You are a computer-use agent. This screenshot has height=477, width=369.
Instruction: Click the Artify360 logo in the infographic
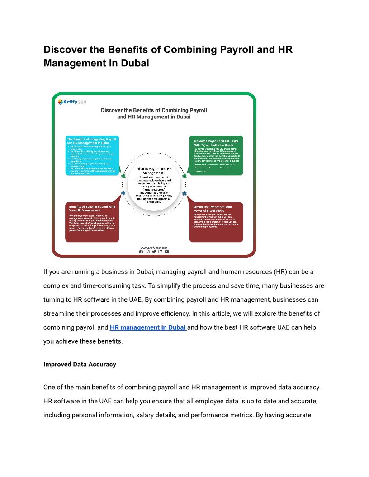[72, 102]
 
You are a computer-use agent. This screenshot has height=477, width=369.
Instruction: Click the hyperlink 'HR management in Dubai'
[147, 327]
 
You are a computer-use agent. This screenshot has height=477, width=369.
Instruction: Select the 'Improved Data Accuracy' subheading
[80, 364]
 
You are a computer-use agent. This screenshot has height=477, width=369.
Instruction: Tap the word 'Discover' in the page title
[66, 50]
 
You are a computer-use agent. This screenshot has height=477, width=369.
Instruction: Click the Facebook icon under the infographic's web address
[141, 252]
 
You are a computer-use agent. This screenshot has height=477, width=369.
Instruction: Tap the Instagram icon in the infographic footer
[147, 252]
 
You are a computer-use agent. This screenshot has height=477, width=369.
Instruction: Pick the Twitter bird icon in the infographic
[154, 252]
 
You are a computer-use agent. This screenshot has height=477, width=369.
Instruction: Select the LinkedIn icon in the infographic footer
[160, 252]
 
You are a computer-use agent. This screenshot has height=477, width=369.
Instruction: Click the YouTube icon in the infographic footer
[167, 252]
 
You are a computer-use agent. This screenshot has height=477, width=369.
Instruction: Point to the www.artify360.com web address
[154, 248]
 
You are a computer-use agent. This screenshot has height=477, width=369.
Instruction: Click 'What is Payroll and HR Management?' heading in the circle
[154, 170]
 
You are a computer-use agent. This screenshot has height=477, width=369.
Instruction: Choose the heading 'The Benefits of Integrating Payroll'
[91, 140]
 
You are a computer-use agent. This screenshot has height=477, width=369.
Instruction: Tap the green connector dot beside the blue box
[123, 176]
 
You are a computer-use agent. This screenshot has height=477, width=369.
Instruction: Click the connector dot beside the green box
[184, 176]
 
